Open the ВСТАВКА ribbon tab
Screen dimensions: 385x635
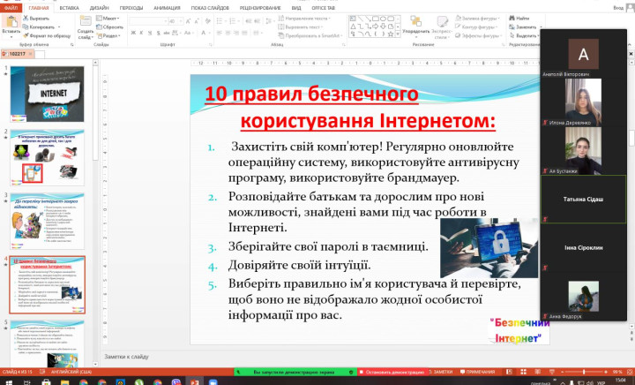pyautogui.click(x=70, y=8)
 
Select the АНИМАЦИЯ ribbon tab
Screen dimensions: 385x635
pyautogui.click(x=168, y=8)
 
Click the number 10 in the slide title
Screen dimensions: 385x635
pyautogui.click(x=215, y=94)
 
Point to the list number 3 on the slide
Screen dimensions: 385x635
pyautogui.click(x=212, y=246)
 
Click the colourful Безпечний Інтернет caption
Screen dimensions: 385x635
pyautogui.click(x=516, y=329)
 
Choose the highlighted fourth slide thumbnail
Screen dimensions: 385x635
pyautogui.click(x=49, y=280)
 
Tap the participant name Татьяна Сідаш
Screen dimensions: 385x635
pyautogui.click(x=583, y=200)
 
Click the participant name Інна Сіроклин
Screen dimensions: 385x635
pyautogui.click(x=583, y=248)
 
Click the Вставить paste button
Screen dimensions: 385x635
pyautogui.click(x=11, y=25)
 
